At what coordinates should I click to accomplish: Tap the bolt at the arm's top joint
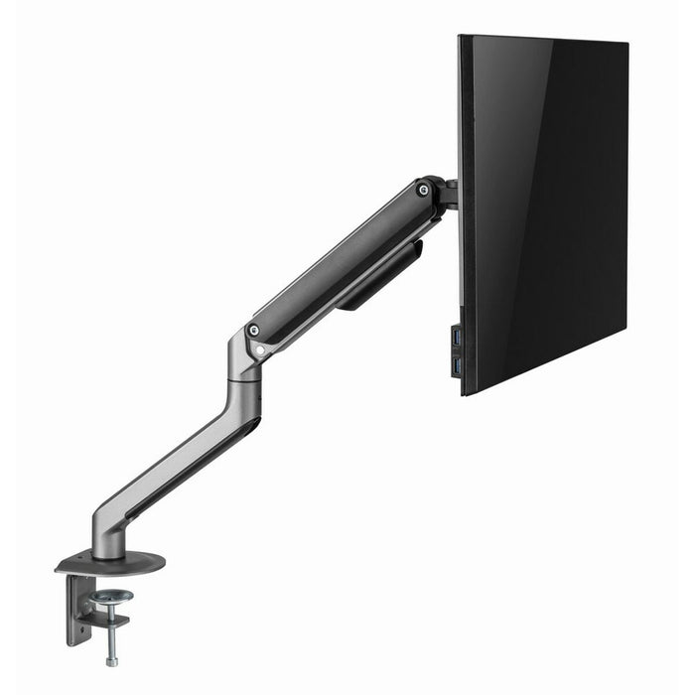(424, 188)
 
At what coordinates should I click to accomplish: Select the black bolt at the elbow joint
(254, 330)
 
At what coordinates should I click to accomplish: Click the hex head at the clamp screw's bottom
(110, 660)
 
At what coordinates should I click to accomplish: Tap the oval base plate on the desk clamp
(109, 563)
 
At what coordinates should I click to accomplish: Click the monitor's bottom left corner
(463, 393)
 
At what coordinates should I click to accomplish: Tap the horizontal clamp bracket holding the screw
(109, 618)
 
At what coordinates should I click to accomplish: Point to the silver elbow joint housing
(242, 362)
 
